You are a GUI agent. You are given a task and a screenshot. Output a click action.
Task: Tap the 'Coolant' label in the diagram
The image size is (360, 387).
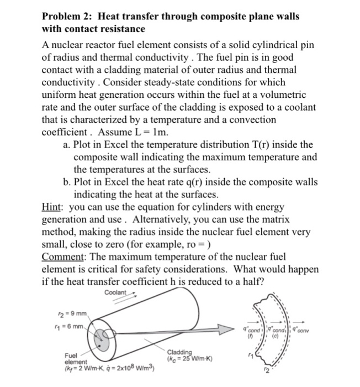tap(114, 292)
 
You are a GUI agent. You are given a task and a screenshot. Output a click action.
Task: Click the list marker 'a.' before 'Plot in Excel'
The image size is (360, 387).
tap(63, 145)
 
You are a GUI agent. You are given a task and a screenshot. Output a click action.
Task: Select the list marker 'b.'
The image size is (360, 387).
tap(63, 182)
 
